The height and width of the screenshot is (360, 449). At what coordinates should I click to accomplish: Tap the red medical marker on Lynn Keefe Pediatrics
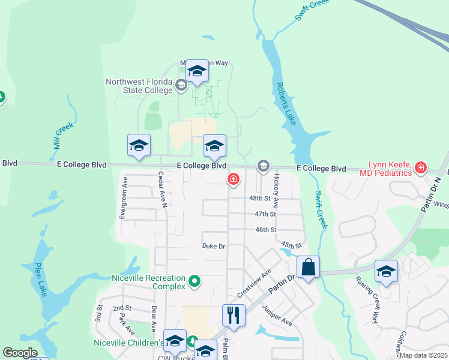point(421,167)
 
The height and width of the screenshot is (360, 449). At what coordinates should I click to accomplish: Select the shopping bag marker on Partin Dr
point(308,268)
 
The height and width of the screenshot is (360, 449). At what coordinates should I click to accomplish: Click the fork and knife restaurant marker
point(234,315)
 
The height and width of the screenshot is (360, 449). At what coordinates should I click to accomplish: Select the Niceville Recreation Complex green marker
point(194,281)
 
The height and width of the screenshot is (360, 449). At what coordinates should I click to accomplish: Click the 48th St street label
point(261,199)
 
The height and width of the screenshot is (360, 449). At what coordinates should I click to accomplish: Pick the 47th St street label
point(265,214)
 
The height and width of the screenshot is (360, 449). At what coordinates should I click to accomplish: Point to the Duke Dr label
point(213,246)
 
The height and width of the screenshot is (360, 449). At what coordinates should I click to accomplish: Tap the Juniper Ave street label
point(277,315)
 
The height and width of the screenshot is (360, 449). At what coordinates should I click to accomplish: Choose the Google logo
point(20,353)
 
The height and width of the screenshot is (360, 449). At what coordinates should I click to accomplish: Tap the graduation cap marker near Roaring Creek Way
point(386,271)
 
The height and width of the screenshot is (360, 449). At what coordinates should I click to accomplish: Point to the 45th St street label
point(291,245)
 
